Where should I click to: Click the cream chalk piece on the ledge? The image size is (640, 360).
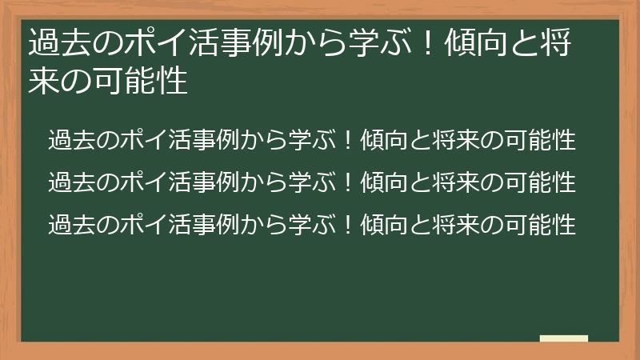point(564,338)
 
